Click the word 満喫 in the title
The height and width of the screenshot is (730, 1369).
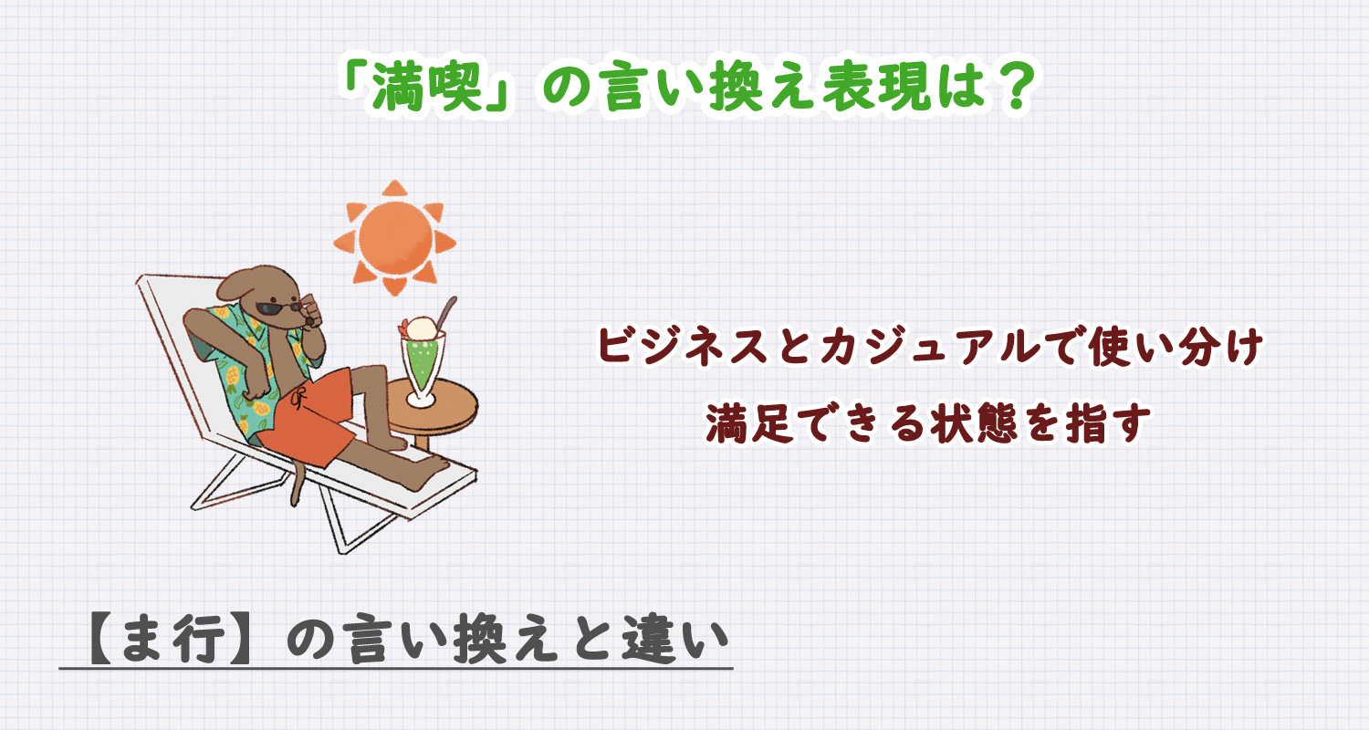[428, 88]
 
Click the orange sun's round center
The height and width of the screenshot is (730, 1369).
[395, 238]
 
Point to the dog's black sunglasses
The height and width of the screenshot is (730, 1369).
[278, 308]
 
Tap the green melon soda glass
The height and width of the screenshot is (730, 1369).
[422, 367]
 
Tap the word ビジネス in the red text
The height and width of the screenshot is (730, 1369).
[682, 347]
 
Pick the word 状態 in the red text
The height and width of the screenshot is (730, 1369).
[975, 422]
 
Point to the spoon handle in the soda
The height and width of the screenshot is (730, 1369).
[447, 310]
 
